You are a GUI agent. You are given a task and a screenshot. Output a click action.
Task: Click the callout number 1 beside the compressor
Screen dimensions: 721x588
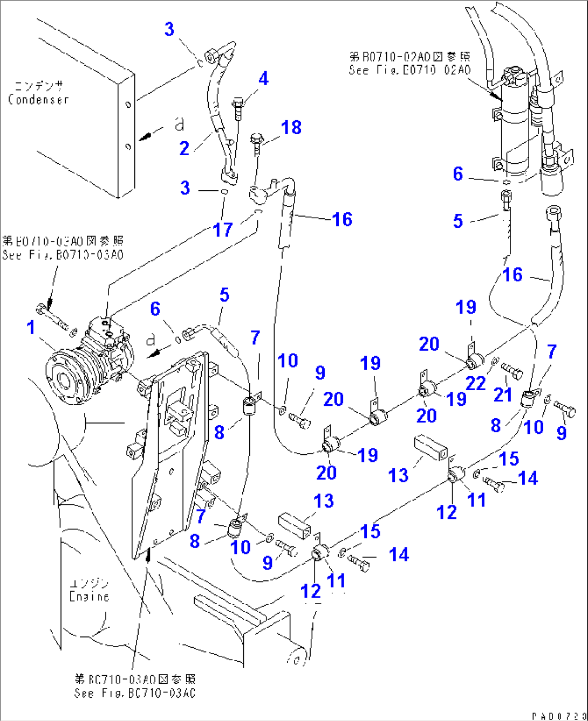click(31, 327)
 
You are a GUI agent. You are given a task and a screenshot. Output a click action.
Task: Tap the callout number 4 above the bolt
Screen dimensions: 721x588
click(263, 79)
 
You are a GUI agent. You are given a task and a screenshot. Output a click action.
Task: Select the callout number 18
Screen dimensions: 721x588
click(291, 128)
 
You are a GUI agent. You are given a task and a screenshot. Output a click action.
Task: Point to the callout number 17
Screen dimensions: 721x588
click(223, 230)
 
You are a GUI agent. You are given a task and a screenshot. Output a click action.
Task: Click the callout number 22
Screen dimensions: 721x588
click(476, 383)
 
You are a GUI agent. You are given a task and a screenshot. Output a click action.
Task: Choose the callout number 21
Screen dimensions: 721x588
click(503, 394)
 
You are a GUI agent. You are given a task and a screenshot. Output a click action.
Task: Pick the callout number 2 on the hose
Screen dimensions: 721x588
click(184, 148)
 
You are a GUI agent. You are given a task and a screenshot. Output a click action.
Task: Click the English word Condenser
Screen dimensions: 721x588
click(38, 100)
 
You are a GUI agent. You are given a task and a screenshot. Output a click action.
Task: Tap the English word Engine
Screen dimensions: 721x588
click(90, 597)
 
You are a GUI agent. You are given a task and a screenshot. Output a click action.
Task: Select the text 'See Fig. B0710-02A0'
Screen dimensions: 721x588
click(409, 70)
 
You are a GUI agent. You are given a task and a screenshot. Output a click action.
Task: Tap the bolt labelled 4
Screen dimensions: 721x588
click(238, 109)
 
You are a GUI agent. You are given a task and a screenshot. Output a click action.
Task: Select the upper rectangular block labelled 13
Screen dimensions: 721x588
click(431, 447)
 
